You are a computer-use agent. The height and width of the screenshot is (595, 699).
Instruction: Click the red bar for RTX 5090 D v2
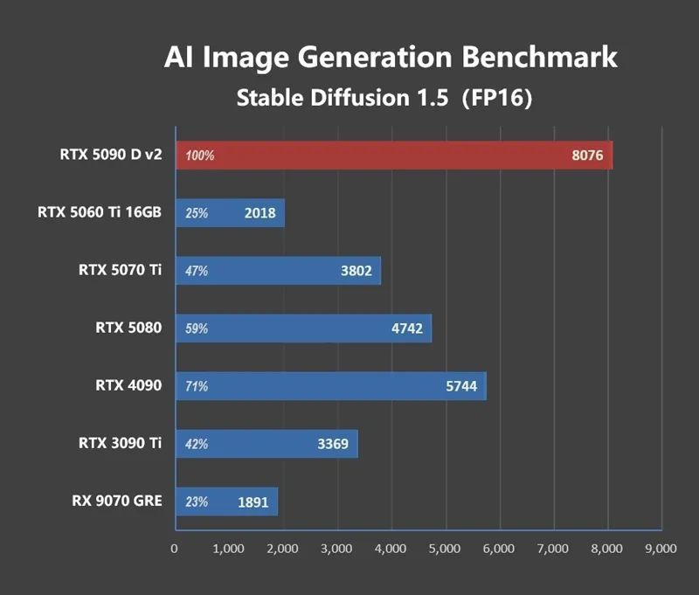tap(393, 156)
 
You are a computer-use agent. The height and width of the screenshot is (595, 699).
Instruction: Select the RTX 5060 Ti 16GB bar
tap(230, 213)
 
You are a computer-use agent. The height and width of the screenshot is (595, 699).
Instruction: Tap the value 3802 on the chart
tap(356, 271)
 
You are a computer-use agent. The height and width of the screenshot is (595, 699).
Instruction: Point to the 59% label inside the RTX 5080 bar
tap(197, 329)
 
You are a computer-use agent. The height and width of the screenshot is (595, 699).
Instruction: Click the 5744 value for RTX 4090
tap(460, 386)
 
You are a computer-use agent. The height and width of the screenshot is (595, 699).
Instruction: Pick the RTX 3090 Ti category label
tap(119, 443)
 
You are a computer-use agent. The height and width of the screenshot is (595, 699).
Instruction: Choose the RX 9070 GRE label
tap(117, 501)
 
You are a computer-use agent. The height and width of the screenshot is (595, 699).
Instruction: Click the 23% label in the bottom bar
tap(197, 502)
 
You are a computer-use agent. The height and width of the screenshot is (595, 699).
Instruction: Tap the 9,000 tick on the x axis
tap(660, 549)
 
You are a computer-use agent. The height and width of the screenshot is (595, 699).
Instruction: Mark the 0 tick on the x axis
tap(175, 549)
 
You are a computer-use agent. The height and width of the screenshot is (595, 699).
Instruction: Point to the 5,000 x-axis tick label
tap(445, 549)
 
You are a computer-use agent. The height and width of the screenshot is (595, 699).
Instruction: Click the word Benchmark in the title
tap(539, 58)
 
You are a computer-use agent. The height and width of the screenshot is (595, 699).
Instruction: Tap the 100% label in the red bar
tap(199, 156)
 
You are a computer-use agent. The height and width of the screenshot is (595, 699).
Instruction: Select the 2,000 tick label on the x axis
tap(282, 549)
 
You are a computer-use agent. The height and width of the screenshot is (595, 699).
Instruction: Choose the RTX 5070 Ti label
tap(119, 270)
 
